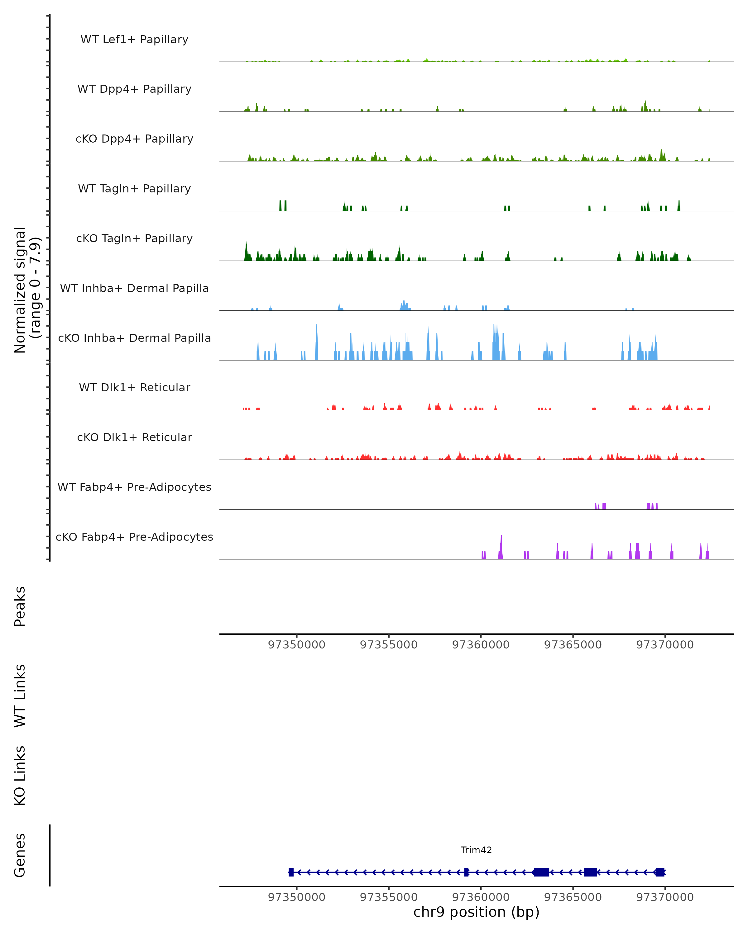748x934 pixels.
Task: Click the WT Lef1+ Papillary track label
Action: click(x=134, y=40)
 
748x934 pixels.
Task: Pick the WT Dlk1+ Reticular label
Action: click(x=134, y=387)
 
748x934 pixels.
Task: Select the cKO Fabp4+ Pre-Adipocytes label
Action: click(x=134, y=537)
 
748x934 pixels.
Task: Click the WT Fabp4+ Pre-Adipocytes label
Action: click(x=134, y=487)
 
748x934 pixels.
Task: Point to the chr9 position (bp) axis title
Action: click(x=476, y=912)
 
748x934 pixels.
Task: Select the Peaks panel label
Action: click(x=20, y=606)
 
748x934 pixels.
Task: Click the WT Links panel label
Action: click(x=20, y=695)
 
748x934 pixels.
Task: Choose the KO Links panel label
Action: click(x=20, y=776)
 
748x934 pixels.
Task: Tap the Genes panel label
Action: click(x=20, y=855)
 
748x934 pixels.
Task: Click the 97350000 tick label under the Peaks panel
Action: click(x=297, y=645)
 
